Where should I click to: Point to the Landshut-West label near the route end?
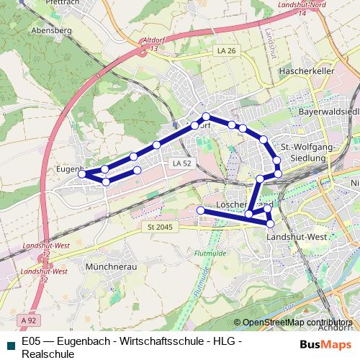click(297, 237)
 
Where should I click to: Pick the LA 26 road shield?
click(226, 50)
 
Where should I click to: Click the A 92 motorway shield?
click(28, 320)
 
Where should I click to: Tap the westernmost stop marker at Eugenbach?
click(82, 174)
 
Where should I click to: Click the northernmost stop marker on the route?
click(206, 117)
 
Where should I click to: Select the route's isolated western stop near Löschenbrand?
click(201, 210)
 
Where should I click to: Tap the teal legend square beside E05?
click(9, 341)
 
